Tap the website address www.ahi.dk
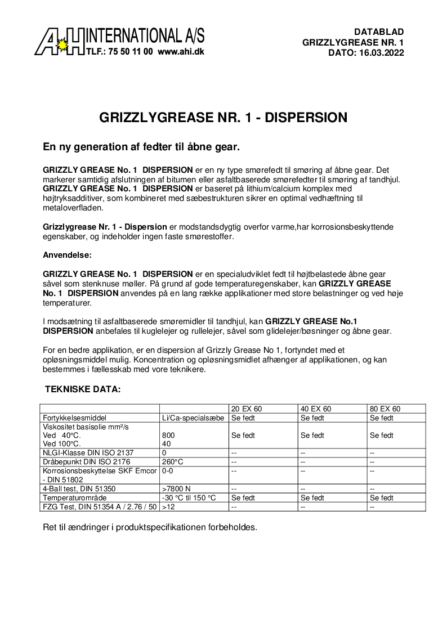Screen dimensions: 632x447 coord(181,51)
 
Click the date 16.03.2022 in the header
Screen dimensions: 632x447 coord(381,52)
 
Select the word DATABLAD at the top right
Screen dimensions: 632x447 coord(379,32)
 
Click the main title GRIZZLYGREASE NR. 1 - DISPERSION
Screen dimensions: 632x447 coord(223,118)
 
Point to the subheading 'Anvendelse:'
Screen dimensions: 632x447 coord(67,255)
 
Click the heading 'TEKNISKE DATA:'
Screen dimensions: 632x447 coord(82,389)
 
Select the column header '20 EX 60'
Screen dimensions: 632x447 coord(247,409)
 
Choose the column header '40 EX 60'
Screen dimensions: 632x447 coord(316,409)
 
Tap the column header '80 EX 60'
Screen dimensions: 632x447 coord(385,409)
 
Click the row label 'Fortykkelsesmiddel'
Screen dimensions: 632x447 coord(75,418)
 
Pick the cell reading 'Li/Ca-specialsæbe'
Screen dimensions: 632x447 coord(193,418)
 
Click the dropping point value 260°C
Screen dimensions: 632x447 coord(172,461)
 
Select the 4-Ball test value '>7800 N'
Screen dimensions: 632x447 coord(176,488)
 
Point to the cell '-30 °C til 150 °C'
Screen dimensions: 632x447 coord(189,497)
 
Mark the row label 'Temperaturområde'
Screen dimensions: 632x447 coord(74,497)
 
